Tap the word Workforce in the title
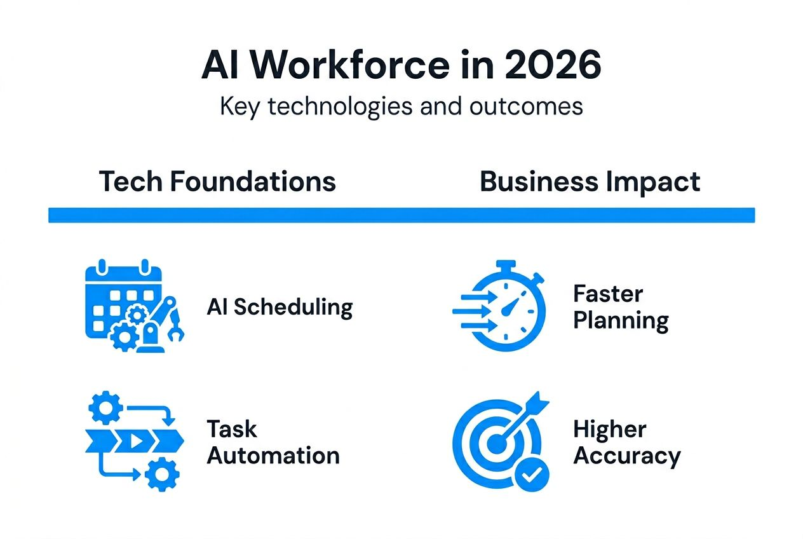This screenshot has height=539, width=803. pyautogui.click(x=344, y=65)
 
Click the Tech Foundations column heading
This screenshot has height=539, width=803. pyautogui.click(x=217, y=182)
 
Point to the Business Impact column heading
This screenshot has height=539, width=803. pyautogui.click(x=590, y=182)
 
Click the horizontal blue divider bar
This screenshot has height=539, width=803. pyautogui.click(x=402, y=215)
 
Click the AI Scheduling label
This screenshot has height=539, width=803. pyautogui.click(x=280, y=307)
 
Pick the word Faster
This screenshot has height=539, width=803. pyautogui.click(x=608, y=294)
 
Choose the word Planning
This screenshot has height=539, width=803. pyautogui.click(x=621, y=320)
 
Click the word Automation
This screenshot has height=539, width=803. pyautogui.click(x=273, y=456)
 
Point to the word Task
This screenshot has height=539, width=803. pyautogui.click(x=232, y=429)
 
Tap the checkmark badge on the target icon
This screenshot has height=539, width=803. pyautogui.click(x=532, y=474)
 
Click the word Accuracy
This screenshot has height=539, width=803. pyautogui.click(x=626, y=456)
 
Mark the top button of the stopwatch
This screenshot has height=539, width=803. pyautogui.click(x=506, y=265)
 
